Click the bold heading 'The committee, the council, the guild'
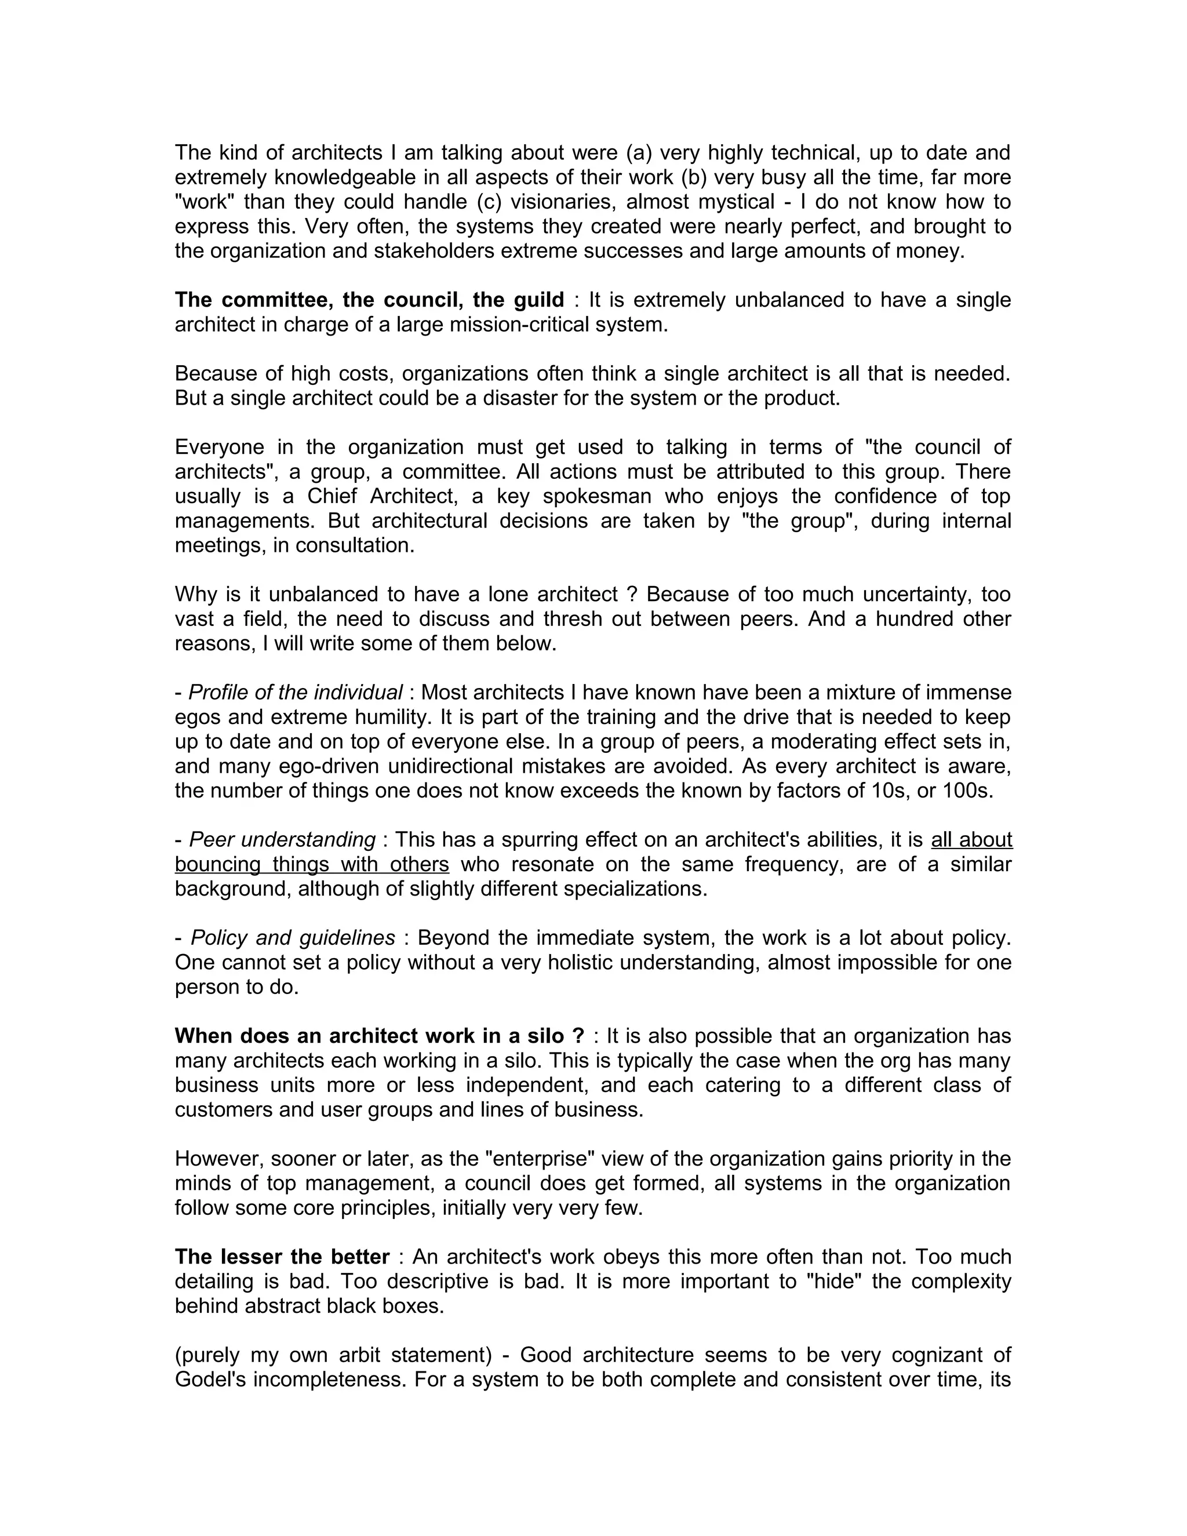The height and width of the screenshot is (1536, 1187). (x=369, y=300)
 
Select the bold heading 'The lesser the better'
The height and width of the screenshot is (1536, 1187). (x=282, y=1256)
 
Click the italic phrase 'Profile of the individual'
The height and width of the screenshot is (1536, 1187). (x=296, y=693)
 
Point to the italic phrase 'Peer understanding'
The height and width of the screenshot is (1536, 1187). (x=283, y=840)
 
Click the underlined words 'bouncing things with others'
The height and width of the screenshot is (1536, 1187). (x=311, y=864)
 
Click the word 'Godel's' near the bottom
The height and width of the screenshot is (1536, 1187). (x=210, y=1379)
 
